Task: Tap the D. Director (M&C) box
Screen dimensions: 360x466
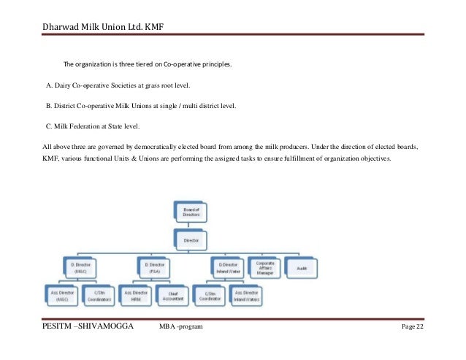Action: point(80,267)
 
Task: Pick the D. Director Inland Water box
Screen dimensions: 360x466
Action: point(227,267)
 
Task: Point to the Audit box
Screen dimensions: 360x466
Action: point(301,267)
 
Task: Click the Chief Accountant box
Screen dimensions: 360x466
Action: point(173,295)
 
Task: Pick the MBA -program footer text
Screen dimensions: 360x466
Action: point(181,335)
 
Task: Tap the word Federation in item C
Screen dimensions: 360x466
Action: point(84,126)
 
